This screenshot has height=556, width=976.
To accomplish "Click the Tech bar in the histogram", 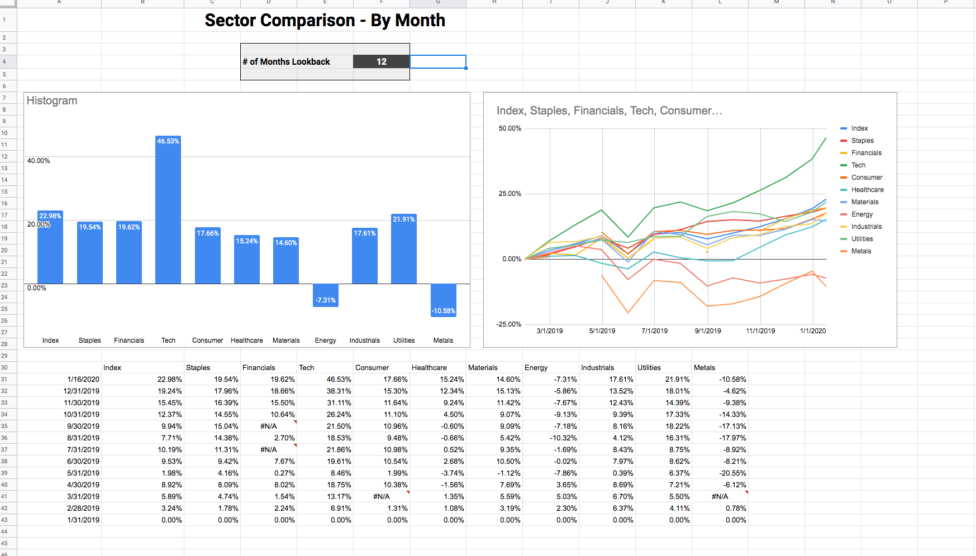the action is click(168, 210).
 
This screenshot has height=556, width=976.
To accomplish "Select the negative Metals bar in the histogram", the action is click(444, 300).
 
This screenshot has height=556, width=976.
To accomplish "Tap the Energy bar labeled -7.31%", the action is click(326, 295).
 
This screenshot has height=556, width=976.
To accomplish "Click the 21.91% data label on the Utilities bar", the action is click(404, 219).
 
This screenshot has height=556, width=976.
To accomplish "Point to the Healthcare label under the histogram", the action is click(247, 341).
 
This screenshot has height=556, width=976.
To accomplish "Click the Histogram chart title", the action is click(52, 101).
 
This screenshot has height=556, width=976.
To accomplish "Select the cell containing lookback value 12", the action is click(382, 62).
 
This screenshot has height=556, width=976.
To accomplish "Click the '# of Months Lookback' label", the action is click(287, 62).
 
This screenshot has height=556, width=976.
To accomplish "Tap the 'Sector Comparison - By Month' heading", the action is click(325, 21).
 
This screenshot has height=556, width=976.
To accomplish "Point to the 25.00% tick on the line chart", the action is click(510, 194).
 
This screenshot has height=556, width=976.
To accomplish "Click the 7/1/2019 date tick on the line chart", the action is click(655, 331).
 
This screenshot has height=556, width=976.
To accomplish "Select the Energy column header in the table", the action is click(536, 368).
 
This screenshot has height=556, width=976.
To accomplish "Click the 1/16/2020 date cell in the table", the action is click(83, 380).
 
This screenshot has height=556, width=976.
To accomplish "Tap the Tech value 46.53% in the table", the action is click(339, 380).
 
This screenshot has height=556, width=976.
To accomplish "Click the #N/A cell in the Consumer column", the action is click(382, 497).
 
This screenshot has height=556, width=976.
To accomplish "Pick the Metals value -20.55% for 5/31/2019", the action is click(732, 473).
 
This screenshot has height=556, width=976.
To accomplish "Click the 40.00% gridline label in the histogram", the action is click(39, 161).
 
